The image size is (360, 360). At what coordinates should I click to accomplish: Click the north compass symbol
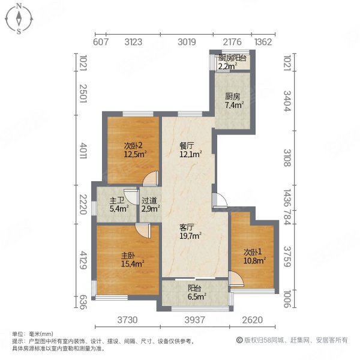19,19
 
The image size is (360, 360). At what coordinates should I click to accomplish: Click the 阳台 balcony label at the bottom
193,287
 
